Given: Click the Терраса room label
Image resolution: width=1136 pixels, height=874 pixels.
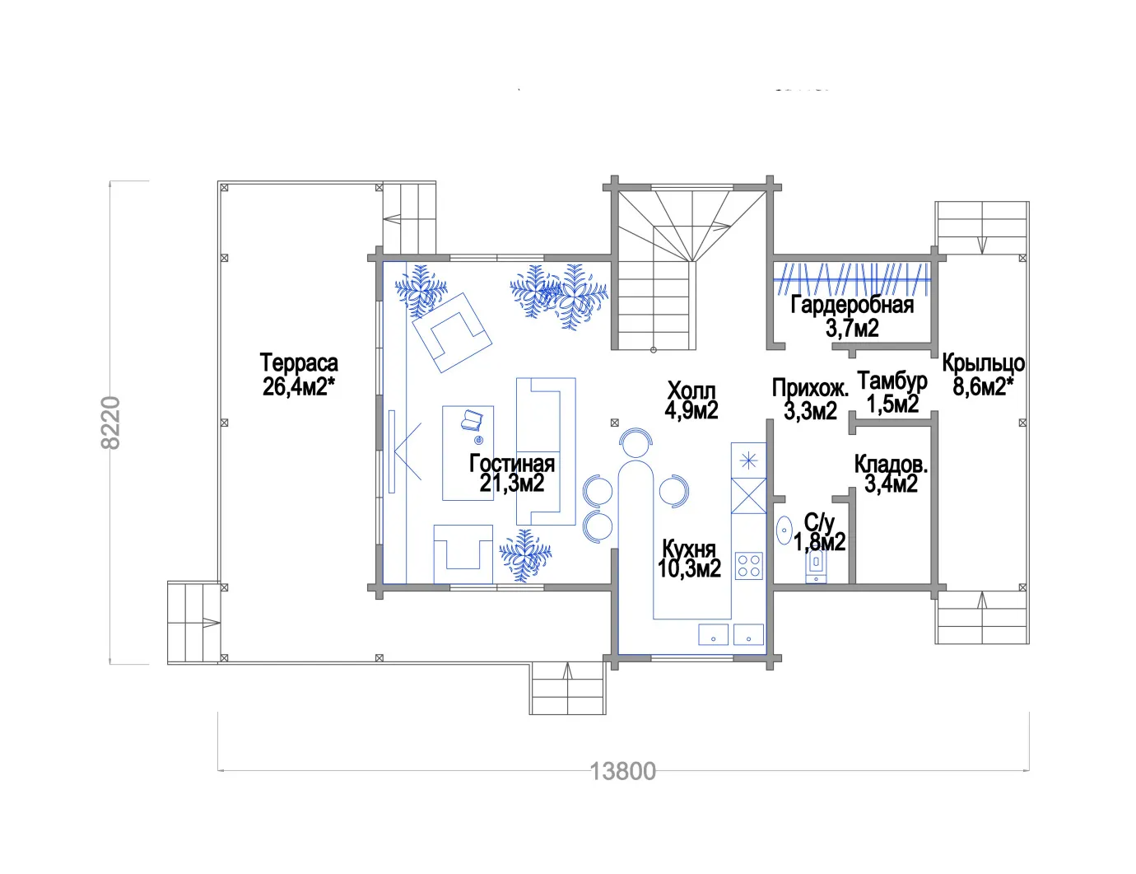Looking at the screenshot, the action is [x=299, y=362].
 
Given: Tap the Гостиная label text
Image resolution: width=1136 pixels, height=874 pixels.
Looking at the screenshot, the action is [x=512, y=464].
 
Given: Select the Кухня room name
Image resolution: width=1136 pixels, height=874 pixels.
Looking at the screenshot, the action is [x=688, y=549].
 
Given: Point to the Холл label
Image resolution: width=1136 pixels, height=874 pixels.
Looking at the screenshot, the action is [x=691, y=390].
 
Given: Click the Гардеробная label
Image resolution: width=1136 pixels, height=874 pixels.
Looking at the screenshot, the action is [x=852, y=305].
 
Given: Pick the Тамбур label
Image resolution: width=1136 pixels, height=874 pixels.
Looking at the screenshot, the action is [x=892, y=382].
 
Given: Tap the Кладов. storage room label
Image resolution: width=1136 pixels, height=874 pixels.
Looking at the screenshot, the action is [x=891, y=464].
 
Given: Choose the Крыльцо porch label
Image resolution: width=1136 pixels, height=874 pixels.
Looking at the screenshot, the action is [x=984, y=363].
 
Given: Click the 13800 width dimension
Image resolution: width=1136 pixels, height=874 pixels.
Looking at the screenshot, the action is [x=622, y=772].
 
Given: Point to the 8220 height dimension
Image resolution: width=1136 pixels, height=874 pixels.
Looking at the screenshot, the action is [x=110, y=423].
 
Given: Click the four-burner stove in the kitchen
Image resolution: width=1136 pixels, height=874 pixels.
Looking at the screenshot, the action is [x=748, y=566].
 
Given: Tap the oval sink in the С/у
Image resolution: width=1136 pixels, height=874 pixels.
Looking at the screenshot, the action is [x=784, y=530].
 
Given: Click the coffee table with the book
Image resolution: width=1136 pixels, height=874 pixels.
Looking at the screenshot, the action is [x=468, y=453].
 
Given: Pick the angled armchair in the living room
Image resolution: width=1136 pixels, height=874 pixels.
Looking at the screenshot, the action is [x=452, y=333].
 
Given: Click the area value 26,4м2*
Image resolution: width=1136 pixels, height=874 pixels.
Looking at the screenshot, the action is [x=299, y=386].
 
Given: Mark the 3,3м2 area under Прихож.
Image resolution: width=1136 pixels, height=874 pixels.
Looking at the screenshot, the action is [x=810, y=410].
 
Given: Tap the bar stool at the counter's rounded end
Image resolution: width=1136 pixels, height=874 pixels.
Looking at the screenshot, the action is [x=636, y=442].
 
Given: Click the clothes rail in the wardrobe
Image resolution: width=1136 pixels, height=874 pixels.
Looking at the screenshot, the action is [x=852, y=280].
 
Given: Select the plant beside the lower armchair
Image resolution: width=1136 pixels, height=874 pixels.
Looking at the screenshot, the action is [x=525, y=555].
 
